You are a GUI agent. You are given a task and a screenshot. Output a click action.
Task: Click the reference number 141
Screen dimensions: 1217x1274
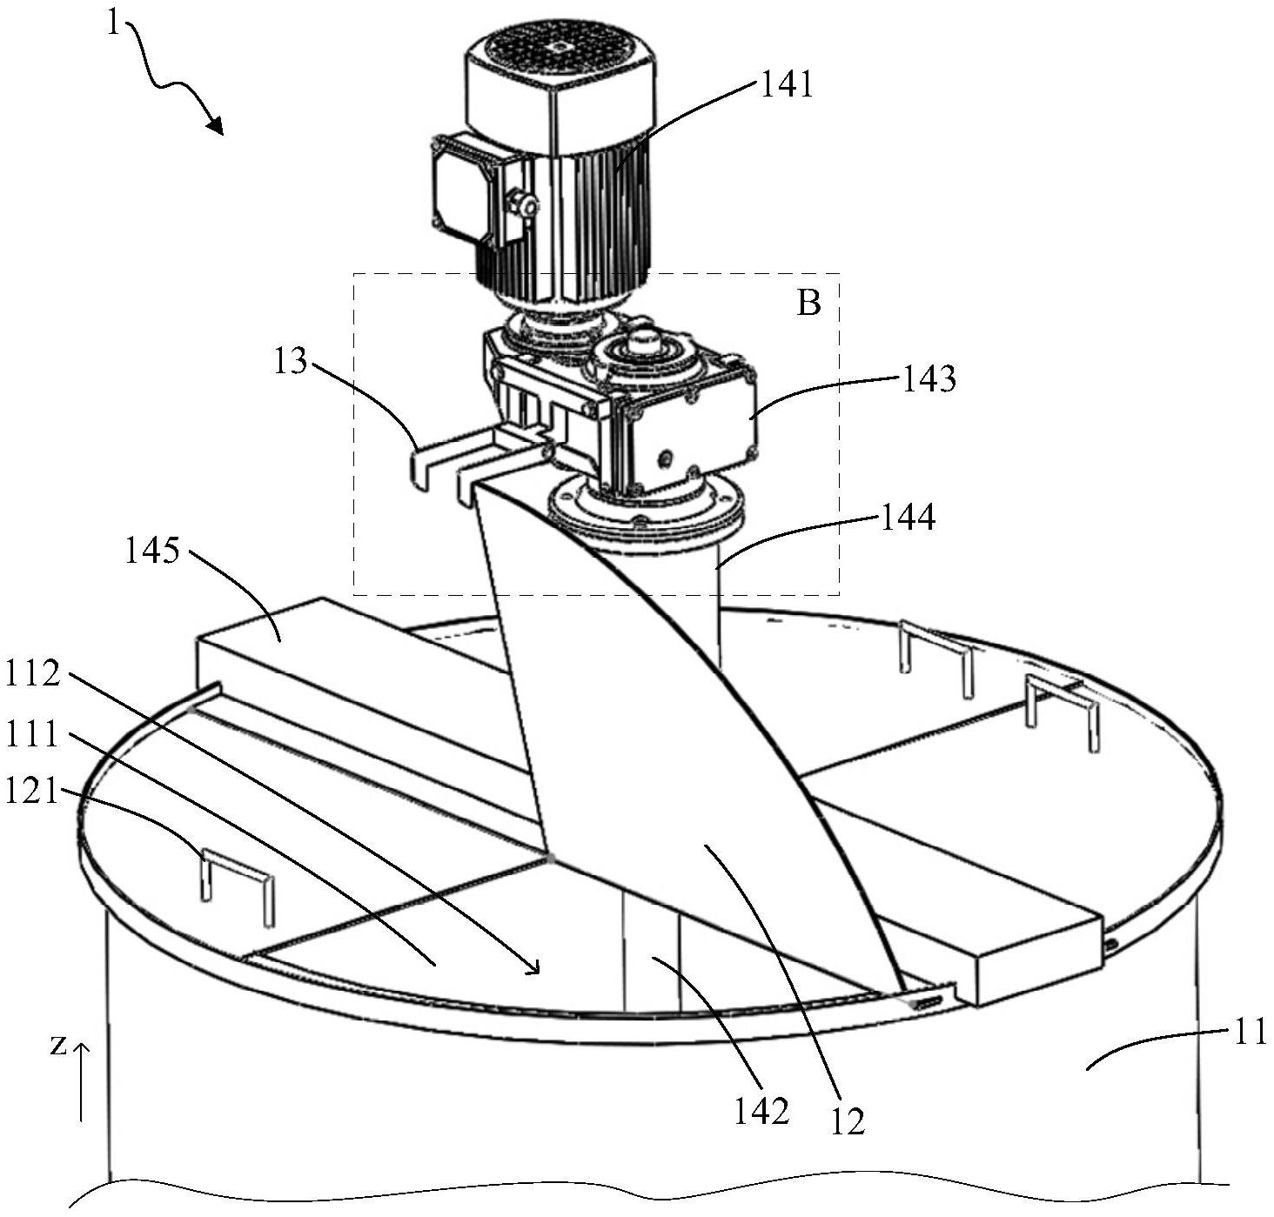tap(787, 85)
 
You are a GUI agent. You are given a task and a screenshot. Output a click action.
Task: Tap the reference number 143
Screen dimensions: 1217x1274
tap(929, 379)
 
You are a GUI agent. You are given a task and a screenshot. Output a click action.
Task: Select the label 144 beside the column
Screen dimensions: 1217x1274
tap(908, 518)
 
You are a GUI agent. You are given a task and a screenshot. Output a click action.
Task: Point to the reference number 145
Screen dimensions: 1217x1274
tap(152, 552)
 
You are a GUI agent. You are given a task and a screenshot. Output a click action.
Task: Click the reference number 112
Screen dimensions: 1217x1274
tap(34, 672)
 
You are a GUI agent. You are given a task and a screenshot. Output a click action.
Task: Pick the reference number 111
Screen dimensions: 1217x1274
tap(34, 735)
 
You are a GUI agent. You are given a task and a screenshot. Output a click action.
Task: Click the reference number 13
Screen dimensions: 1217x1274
tap(290, 361)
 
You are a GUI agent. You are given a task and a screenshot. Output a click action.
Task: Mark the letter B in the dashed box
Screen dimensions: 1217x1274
tap(808, 304)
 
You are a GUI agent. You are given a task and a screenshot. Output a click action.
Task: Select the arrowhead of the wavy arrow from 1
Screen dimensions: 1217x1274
tap(214, 125)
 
